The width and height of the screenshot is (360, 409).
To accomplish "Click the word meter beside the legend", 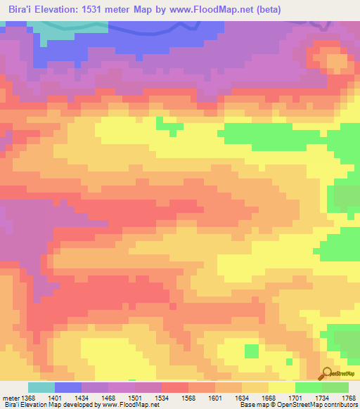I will tap(10, 398).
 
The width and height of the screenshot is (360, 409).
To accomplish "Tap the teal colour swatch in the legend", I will tap(41, 387).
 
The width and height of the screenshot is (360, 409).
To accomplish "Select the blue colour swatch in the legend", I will tap(67, 387).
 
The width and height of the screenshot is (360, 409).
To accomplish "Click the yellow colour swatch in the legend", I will tap(281, 387).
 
